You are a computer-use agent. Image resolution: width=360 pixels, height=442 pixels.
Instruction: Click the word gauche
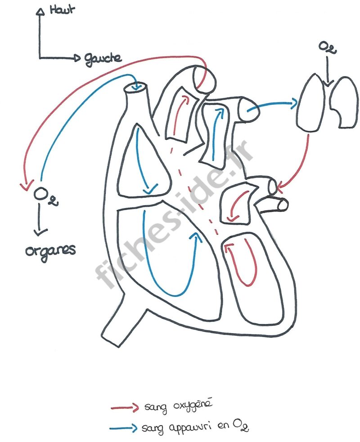tap(102, 58)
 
